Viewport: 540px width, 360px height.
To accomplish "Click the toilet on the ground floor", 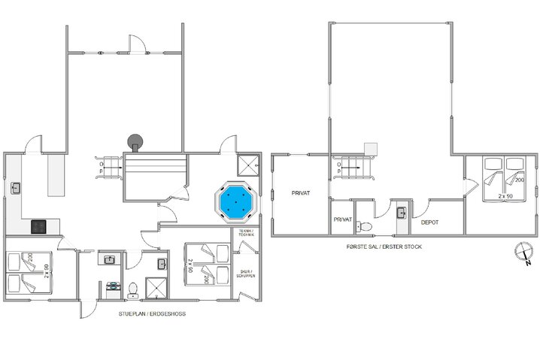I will click(x=134, y=287).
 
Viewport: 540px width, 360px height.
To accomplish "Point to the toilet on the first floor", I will click(x=366, y=223).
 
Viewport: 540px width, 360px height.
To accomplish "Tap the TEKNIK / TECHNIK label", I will click(x=247, y=234).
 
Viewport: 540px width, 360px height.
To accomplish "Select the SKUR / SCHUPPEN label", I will click(x=247, y=274).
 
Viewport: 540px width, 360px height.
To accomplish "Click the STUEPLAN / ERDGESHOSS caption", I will click(x=152, y=313).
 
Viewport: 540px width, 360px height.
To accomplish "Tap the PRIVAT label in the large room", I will click(x=302, y=194).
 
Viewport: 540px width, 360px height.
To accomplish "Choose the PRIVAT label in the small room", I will click(x=341, y=219).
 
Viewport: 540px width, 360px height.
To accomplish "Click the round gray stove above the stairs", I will click(x=135, y=141).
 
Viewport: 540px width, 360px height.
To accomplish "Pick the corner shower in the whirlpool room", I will click(x=246, y=164).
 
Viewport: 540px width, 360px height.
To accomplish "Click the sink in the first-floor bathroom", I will click(x=402, y=213).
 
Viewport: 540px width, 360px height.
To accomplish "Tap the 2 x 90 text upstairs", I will click(x=506, y=195).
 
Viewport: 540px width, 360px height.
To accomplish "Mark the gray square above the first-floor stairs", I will click(x=369, y=148).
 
